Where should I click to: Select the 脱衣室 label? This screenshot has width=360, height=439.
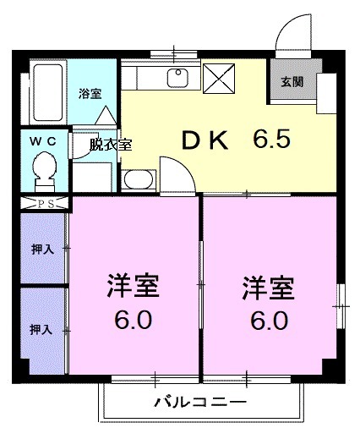point(112,145)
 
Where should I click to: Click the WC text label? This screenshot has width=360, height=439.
point(42,142)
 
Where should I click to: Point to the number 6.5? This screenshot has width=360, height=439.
point(270,139)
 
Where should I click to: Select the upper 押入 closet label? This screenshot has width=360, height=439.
point(42,250)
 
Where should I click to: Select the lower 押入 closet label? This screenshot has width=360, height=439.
point(42,328)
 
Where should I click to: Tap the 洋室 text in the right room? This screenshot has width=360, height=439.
point(269,287)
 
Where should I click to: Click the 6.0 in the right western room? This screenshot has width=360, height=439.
point(269,321)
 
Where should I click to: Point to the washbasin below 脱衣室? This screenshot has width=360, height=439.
point(137,179)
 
